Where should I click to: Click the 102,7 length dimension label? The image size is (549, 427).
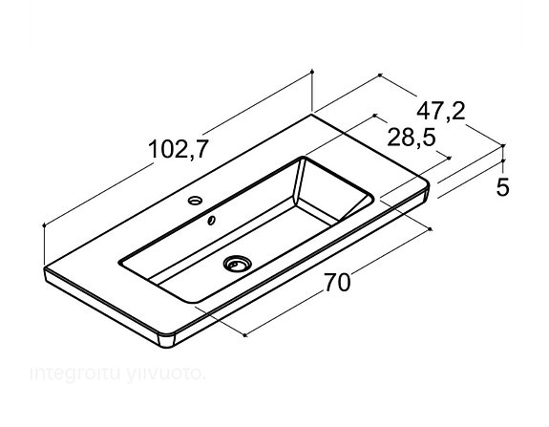(x=179, y=149)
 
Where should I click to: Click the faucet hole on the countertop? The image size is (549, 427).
(x=195, y=202)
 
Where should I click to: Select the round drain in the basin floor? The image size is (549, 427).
(x=236, y=263)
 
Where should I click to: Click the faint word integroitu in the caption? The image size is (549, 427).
(x=69, y=372)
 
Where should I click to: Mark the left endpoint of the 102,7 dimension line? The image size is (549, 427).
(x=45, y=225)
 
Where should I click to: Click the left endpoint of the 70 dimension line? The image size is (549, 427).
(x=246, y=335)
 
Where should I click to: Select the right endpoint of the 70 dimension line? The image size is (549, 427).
(x=432, y=228)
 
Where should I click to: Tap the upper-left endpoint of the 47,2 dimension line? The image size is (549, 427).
(x=380, y=74)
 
